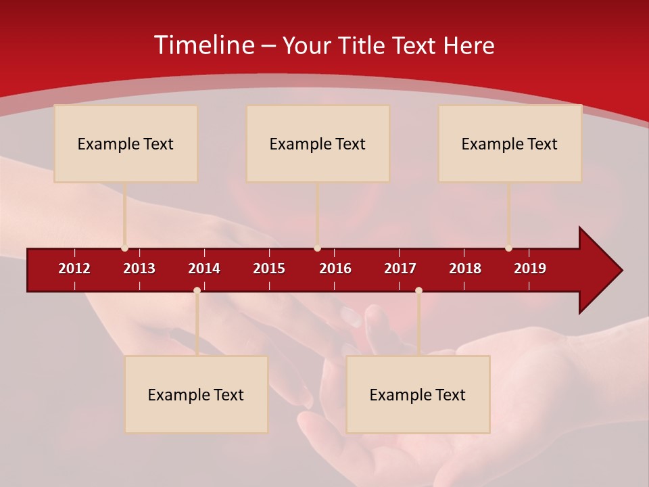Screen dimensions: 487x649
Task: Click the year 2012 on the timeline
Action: pyautogui.click(x=74, y=269)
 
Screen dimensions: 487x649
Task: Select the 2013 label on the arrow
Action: pyautogui.click(x=139, y=269)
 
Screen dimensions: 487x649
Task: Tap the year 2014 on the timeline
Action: pyautogui.click(x=204, y=269)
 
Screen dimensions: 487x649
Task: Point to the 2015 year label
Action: pyautogui.click(x=269, y=269)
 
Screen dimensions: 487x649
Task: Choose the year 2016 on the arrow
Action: pyautogui.click(x=335, y=269)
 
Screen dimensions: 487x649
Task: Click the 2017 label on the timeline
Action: pyautogui.click(x=400, y=269)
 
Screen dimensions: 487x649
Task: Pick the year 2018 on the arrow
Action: pyautogui.click(x=465, y=269)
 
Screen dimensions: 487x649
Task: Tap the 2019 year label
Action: pyautogui.click(x=530, y=269)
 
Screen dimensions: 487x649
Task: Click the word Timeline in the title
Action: pyautogui.click(x=203, y=45)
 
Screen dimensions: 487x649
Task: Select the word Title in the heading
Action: pyautogui.click(x=363, y=46)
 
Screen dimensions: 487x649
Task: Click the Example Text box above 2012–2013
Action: pyautogui.click(x=126, y=143)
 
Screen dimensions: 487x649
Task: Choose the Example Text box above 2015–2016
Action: pyautogui.click(x=318, y=143)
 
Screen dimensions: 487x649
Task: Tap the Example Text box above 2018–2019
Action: pyautogui.click(x=510, y=143)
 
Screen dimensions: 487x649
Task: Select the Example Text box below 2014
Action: pyautogui.click(x=196, y=394)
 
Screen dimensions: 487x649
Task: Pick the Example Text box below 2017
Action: pyautogui.click(x=418, y=394)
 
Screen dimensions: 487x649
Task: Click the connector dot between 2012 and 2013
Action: pyautogui.click(x=124, y=248)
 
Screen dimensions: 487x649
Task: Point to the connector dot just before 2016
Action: pyautogui.click(x=317, y=248)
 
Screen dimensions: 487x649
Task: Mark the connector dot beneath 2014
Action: pyautogui.click(x=197, y=290)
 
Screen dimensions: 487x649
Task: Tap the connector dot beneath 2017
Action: pyautogui.click(x=418, y=290)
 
